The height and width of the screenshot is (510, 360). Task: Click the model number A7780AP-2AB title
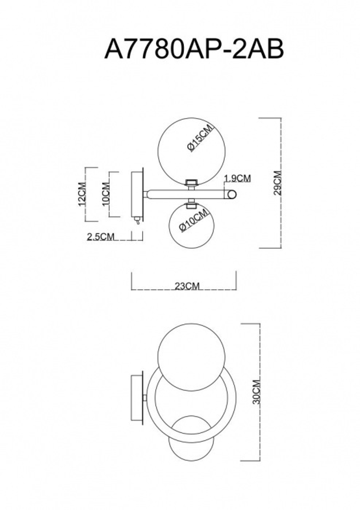click(194, 49)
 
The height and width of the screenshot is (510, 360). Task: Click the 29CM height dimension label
click(278, 183)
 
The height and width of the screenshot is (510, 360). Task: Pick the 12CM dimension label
click(82, 194)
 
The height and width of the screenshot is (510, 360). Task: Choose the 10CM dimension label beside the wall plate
click(106, 194)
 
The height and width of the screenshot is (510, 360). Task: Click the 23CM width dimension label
click(187, 286)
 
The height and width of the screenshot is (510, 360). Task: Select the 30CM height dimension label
click(256, 392)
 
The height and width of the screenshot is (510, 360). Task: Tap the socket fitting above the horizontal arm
click(191, 183)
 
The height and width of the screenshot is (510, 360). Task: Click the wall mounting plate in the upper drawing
click(137, 194)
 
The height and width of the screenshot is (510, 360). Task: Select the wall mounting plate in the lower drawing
click(137, 398)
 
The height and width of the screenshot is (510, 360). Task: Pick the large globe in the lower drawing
click(192, 360)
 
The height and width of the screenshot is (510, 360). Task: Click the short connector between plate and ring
click(145, 398)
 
